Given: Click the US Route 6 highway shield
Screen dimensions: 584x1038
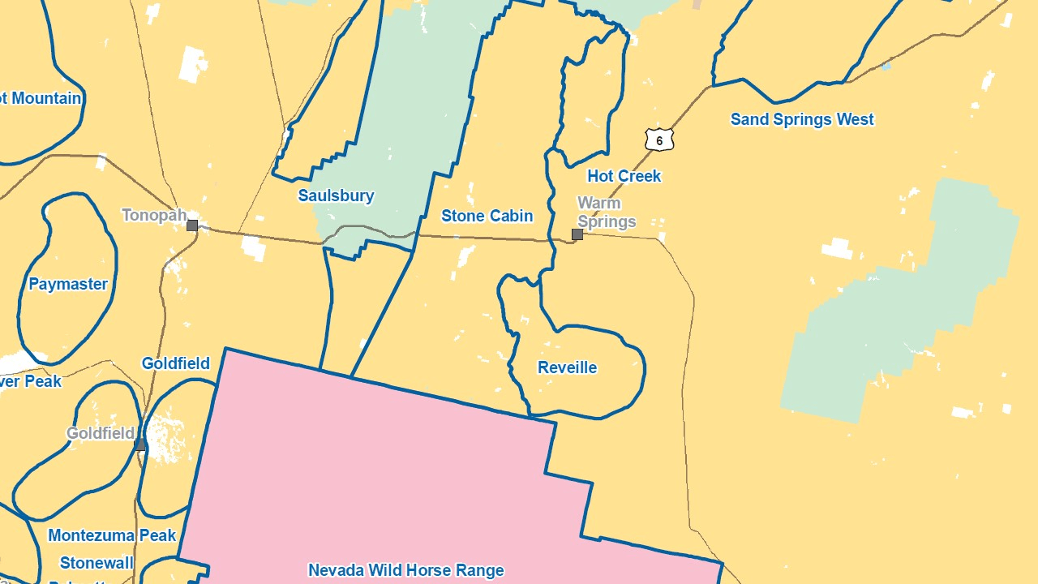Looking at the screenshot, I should click(x=659, y=140).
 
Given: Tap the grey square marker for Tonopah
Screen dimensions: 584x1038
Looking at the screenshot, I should click(x=192, y=225).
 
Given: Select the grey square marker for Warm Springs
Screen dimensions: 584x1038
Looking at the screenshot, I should click(x=577, y=234).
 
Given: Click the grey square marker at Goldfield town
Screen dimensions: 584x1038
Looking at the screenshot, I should click(x=140, y=444).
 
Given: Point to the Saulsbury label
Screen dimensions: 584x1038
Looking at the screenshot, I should click(x=336, y=195).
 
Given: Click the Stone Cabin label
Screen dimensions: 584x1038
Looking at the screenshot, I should click(x=487, y=216).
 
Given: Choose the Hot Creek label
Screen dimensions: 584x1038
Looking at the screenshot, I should click(x=624, y=176).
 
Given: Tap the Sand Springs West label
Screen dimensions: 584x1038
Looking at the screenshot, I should click(x=802, y=119).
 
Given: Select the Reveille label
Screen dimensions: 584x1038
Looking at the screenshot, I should click(x=567, y=367).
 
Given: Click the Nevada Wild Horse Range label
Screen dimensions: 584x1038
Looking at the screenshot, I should click(x=405, y=570).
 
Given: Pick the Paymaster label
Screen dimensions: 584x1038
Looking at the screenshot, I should click(x=68, y=284).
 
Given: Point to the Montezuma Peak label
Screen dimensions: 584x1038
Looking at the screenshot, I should click(x=112, y=535).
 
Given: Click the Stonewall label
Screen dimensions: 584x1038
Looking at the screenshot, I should click(x=97, y=562).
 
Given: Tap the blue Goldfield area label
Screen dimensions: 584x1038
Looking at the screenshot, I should click(x=175, y=363).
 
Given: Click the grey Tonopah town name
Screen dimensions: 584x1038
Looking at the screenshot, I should click(x=154, y=215).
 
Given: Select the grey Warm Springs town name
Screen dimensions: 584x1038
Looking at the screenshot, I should click(x=606, y=212).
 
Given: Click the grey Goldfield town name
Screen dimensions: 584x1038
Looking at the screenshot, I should click(x=100, y=433).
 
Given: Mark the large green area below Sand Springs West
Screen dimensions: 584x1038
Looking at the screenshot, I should click(x=900, y=308).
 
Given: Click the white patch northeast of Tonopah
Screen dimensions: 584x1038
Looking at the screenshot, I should click(x=192, y=64).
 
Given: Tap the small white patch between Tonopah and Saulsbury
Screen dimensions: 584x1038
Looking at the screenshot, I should click(x=253, y=248).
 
